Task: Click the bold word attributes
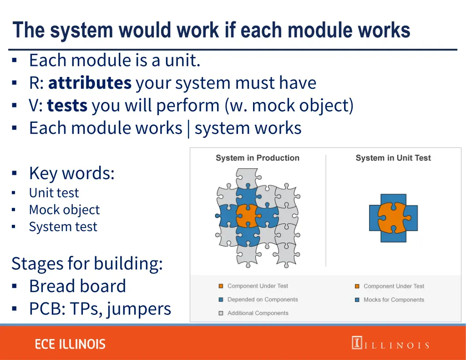pos(90,83)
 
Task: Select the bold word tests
pos(67,106)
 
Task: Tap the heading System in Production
pos(257,158)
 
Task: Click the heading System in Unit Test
pos(393,158)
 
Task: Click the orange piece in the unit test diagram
pos(393,218)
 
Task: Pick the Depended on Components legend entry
pos(262,299)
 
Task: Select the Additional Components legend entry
pos(258,313)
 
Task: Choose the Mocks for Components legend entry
pos(393,299)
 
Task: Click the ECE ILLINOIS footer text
pos(70,344)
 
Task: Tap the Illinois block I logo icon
pos(356,343)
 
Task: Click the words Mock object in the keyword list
pos(64,210)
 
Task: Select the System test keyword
pos(63,227)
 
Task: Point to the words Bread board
pos(77,286)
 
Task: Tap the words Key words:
pos(71,173)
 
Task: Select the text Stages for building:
pos(87,264)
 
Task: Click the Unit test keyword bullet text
pos(54,193)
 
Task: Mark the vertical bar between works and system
pos(188,128)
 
